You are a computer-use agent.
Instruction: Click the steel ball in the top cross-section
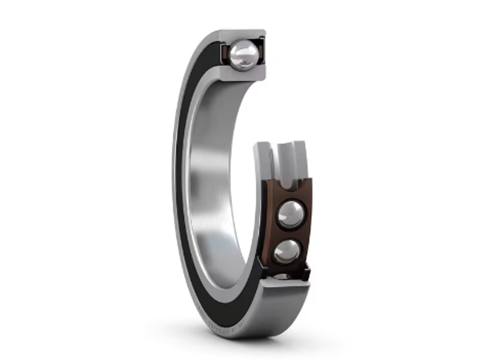coord(243,55)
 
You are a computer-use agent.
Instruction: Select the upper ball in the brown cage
coord(291,215)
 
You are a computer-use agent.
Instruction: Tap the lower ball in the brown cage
coord(287,252)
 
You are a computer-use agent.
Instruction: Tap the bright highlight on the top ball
coord(240,50)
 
